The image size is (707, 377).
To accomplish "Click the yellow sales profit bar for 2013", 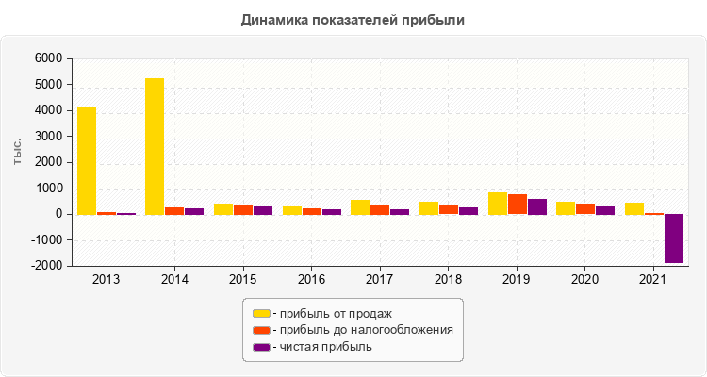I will [87, 160].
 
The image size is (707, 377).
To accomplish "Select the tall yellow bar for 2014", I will [155, 146].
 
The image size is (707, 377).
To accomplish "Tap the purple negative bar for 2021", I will [674, 238].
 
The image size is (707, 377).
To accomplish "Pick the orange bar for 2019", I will [518, 204].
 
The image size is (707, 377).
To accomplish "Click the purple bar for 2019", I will [537, 206].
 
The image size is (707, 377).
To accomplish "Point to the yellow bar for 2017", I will [360, 206].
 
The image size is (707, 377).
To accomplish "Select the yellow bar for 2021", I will [634, 208].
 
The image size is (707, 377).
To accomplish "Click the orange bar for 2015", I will [243, 209].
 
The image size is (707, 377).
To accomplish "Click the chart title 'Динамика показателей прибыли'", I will [353, 19].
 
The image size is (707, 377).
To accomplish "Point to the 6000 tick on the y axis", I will [47, 58].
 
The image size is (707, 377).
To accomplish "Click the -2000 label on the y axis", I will [44, 266].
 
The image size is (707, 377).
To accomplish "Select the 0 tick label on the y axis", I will [58, 214].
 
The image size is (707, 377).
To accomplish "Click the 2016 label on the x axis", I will [312, 280].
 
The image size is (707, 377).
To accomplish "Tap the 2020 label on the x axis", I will [585, 280].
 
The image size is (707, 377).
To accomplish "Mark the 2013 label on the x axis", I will [107, 280].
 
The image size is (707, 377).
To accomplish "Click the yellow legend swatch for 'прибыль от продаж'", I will [261, 313].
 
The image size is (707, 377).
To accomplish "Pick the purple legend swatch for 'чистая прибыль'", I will [261, 347].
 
